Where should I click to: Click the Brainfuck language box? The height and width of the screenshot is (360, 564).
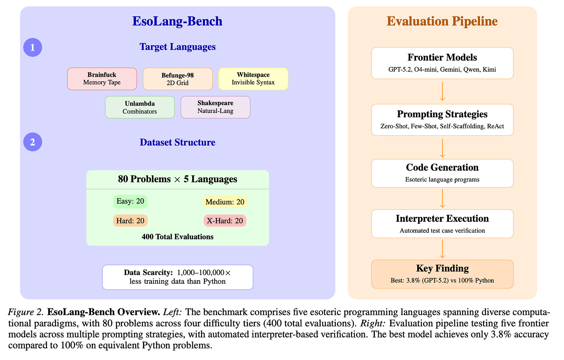pos(102,79)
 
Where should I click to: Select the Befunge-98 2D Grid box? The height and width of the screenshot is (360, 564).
pos(177,79)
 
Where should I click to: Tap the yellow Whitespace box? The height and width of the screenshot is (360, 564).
pos(253,79)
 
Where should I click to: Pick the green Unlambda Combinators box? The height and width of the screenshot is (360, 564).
pos(140,107)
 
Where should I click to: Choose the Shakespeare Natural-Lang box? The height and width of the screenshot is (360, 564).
pos(215,107)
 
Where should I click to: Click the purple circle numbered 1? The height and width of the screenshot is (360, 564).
pos(33,48)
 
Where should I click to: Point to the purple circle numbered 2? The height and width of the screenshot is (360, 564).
pos(33,142)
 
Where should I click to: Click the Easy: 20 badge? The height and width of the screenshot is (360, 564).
pos(131,202)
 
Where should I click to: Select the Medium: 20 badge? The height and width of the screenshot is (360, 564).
pos(225,202)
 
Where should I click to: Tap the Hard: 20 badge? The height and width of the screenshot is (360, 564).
pos(131,221)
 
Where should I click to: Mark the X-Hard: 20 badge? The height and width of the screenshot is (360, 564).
pos(225,221)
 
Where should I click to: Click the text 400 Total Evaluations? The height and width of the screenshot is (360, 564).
pos(177,237)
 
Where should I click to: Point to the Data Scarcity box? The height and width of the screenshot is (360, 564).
pos(177,277)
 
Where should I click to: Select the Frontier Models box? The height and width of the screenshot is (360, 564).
pos(442,63)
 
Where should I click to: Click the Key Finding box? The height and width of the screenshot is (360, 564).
pos(442,274)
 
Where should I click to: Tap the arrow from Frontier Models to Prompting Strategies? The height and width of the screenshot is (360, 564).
pos(442,91)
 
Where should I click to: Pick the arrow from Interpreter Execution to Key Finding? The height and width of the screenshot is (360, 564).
pos(442,249)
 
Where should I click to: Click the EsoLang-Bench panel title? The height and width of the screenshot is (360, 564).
pos(177,21)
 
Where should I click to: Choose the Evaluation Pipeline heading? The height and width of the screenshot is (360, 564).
pos(442,21)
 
